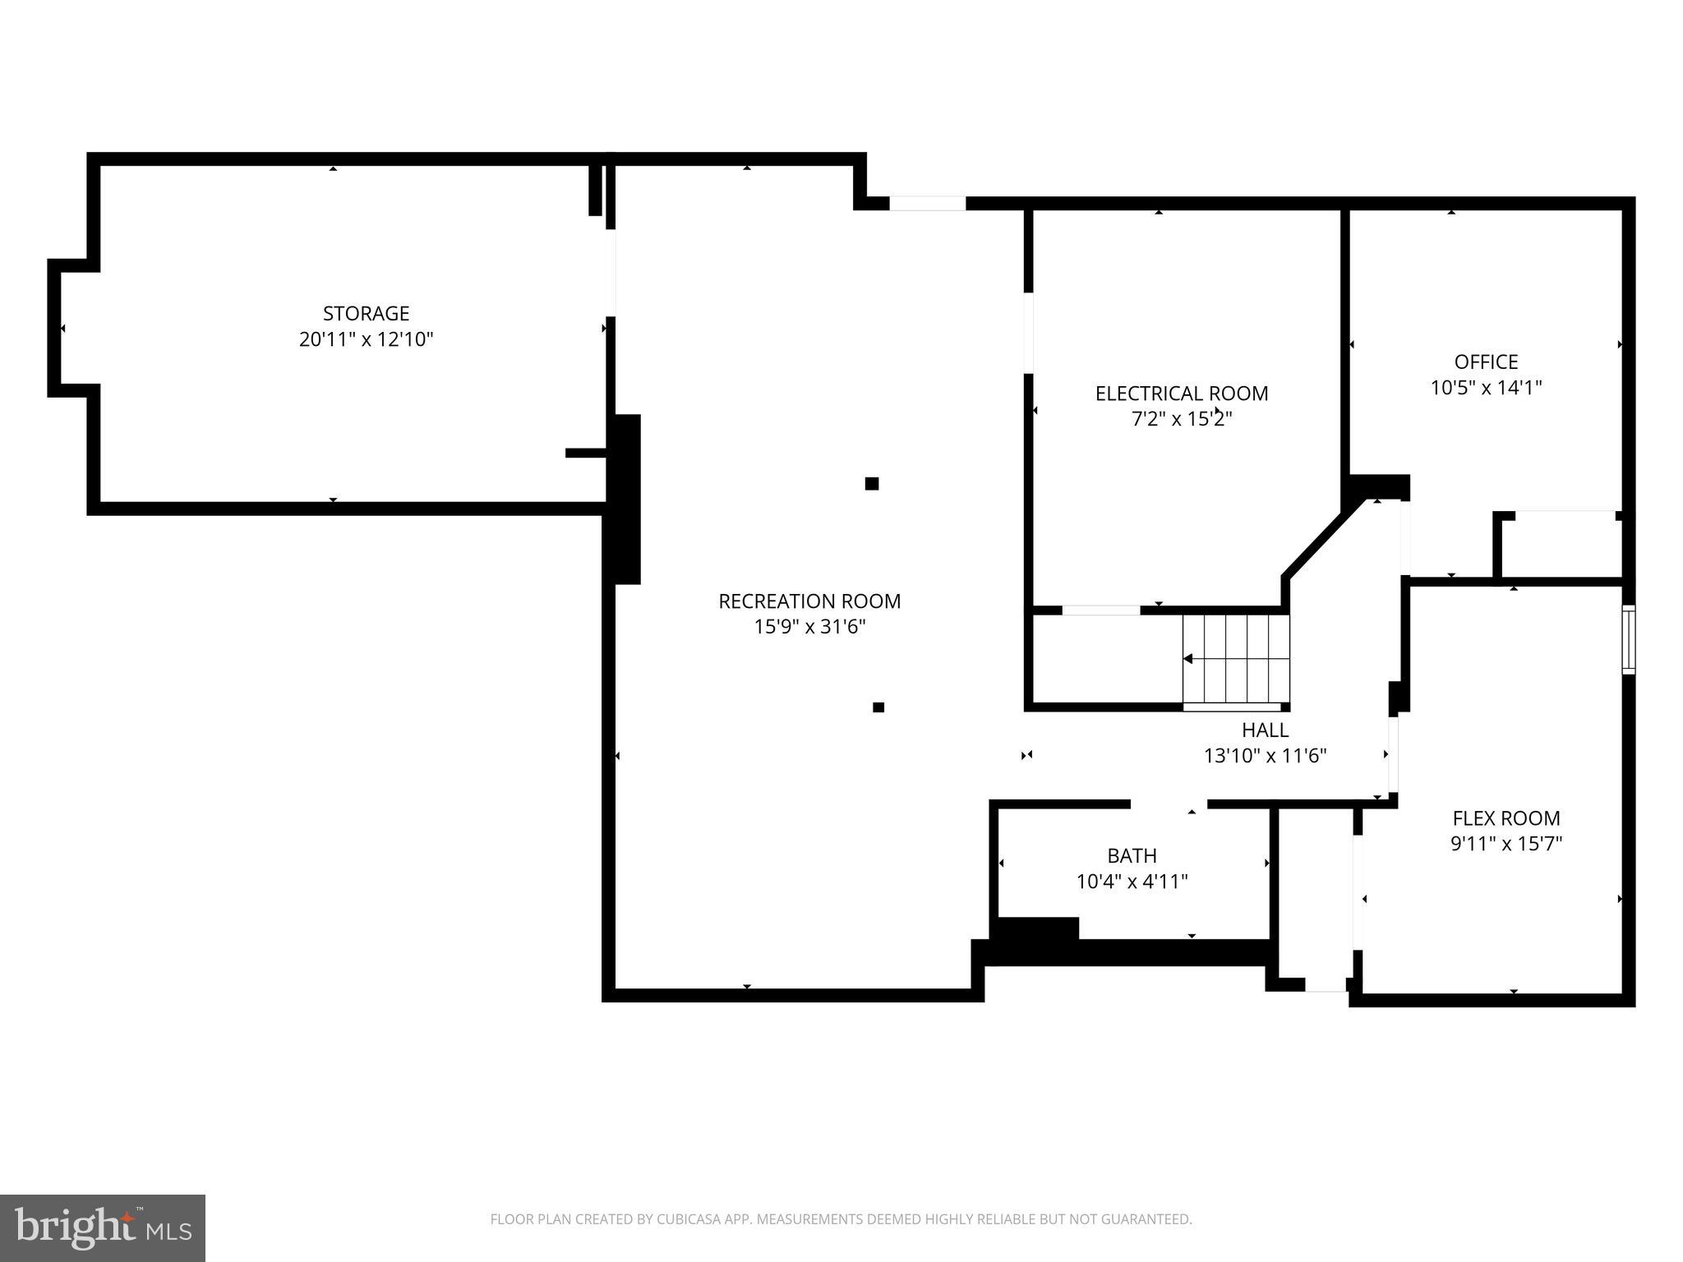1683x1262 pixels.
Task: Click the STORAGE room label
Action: (366, 313)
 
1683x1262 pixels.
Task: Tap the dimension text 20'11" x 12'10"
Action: (366, 339)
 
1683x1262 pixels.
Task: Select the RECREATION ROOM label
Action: (809, 601)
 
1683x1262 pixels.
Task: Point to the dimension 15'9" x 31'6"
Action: (809, 627)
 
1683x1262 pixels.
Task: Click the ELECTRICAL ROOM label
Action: (1181, 394)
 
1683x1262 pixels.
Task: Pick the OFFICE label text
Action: (1486, 362)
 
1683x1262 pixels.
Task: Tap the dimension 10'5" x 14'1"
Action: (1486, 388)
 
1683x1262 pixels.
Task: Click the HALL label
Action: (1265, 730)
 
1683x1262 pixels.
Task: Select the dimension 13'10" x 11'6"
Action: (1265, 756)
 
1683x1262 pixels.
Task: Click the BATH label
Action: (1132, 856)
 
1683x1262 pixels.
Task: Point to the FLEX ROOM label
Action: (1505, 818)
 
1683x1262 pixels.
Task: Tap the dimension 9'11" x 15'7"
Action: (1505, 844)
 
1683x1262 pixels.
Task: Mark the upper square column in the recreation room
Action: (872, 484)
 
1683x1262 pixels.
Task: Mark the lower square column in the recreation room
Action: (878, 707)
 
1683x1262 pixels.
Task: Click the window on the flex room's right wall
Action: (1628, 640)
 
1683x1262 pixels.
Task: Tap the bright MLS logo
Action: (103, 1227)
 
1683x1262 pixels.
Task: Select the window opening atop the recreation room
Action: (927, 203)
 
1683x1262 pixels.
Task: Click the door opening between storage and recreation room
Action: (611, 273)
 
